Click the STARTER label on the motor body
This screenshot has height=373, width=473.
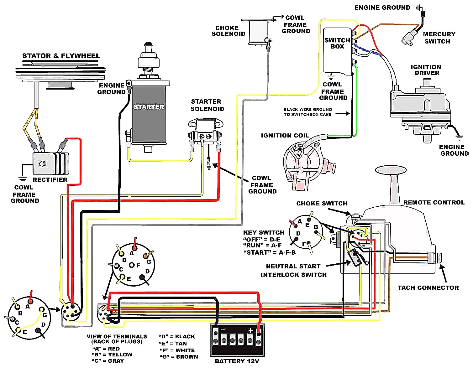[x=149, y=107]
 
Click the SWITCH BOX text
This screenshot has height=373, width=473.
[x=337, y=43]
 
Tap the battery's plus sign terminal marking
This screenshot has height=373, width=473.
[x=250, y=330]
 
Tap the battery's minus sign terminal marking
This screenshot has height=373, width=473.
[x=222, y=330]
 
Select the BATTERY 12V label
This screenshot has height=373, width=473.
[x=237, y=361]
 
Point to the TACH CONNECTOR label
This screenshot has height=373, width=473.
[x=428, y=288]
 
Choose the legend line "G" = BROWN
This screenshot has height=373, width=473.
[x=179, y=357]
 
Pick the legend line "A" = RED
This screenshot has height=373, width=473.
[x=106, y=349]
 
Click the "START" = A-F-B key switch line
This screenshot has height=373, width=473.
[x=269, y=252]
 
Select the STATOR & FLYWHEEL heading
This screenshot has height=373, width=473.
[x=61, y=56]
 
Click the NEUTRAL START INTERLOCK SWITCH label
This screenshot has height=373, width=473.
[x=293, y=270]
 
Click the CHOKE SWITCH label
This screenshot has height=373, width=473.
[x=322, y=204]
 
